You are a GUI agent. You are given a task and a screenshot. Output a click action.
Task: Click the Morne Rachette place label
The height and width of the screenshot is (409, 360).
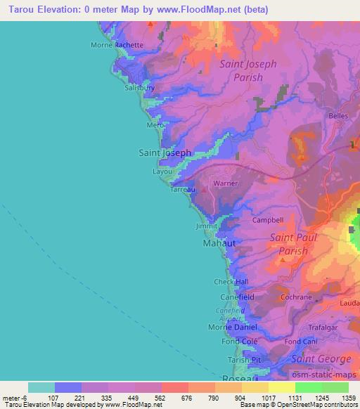[117, 45]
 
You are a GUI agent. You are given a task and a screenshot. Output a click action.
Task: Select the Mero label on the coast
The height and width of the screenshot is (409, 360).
[154, 124]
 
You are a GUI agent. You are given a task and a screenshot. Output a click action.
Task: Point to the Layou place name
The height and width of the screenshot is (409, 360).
[162, 171]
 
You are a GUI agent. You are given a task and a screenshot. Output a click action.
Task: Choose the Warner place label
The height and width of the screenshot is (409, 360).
[226, 183]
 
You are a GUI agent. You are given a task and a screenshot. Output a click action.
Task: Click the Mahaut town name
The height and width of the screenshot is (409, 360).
[219, 242]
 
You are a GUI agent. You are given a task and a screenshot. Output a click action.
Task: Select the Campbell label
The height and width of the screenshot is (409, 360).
[267, 220]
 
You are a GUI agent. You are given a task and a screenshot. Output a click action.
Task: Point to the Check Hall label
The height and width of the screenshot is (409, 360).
[231, 282]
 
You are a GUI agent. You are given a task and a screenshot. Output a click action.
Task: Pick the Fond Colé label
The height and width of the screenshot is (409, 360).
[226, 342]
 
